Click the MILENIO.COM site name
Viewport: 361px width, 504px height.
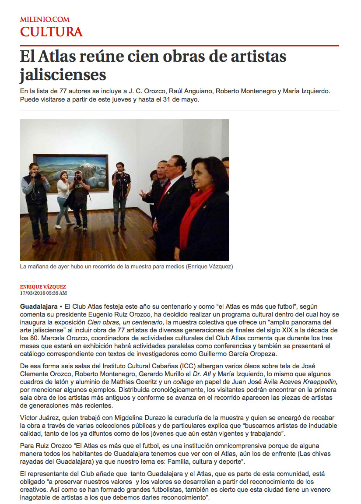[x=45, y=20]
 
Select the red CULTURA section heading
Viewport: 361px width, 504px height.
[x=51, y=32]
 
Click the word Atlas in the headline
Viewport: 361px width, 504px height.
[x=58, y=56]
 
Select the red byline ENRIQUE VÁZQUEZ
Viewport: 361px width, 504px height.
[x=43, y=287]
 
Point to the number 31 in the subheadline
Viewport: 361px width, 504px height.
[x=168, y=99]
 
